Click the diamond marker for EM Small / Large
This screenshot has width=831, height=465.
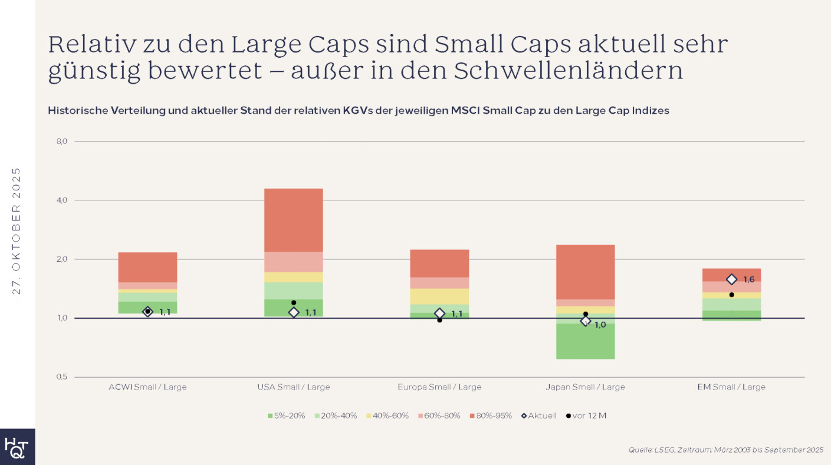pyautogui.click(x=731, y=279)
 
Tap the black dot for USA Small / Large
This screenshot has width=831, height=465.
pyautogui.click(x=294, y=302)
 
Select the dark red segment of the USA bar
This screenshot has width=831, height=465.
pyautogui.click(x=294, y=220)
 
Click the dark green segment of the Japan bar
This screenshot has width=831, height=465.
pyautogui.click(x=585, y=341)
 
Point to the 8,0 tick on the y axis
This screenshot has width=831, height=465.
pyautogui.click(x=63, y=141)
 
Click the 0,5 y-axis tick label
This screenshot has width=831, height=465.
pyautogui.click(x=63, y=377)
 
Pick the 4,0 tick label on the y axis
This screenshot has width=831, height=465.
pyautogui.click(x=63, y=200)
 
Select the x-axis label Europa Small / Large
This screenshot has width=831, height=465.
pyautogui.click(x=439, y=387)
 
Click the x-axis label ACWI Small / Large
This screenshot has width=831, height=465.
pyautogui.click(x=147, y=387)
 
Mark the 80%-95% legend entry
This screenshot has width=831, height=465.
pyautogui.click(x=491, y=415)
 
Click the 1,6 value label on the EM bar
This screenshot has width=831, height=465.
pyautogui.click(x=749, y=279)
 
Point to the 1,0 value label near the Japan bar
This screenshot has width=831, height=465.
pyautogui.click(x=600, y=325)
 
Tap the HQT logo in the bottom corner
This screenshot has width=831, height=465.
pyautogui.click(x=17, y=447)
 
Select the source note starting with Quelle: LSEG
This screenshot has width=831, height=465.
pyautogui.click(x=725, y=450)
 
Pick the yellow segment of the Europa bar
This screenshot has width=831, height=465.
pyautogui.click(x=439, y=296)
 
